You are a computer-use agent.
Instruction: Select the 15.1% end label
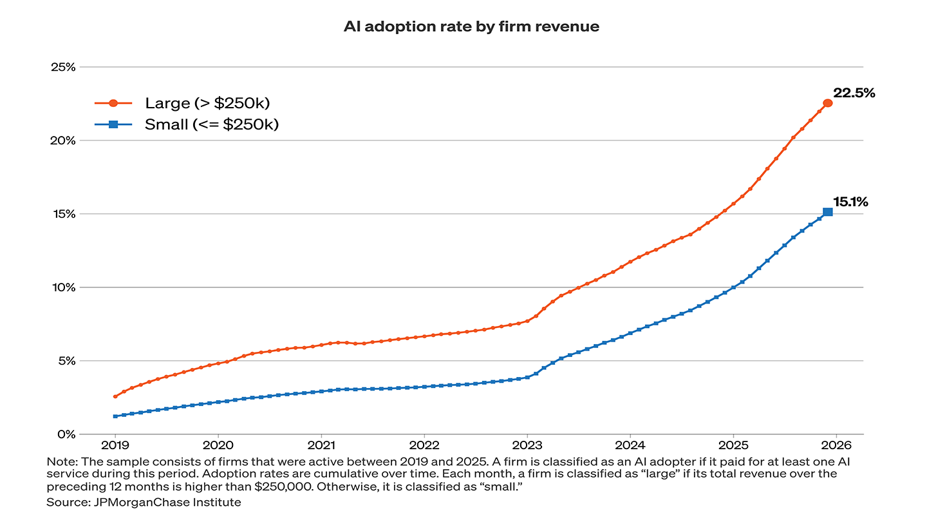pyautogui.click(x=850, y=202)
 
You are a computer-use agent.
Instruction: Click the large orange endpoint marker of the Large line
pyautogui.click(x=828, y=103)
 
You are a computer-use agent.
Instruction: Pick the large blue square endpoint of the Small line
pyautogui.click(x=828, y=212)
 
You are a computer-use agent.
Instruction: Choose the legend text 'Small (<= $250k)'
pyautogui.click(x=212, y=124)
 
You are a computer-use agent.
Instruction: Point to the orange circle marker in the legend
pyautogui.click(x=113, y=103)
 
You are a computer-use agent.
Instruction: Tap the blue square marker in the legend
pyautogui.click(x=113, y=124)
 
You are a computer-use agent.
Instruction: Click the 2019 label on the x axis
pyautogui.click(x=115, y=445)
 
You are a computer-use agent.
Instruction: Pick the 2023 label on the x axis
pyautogui.click(x=527, y=445)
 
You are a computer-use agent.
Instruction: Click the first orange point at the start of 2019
pyautogui.click(x=115, y=396)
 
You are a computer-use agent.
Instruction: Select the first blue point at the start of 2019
pyautogui.click(x=115, y=416)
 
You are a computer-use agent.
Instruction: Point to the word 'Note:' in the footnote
pyautogui.click(x=61, y=462)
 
